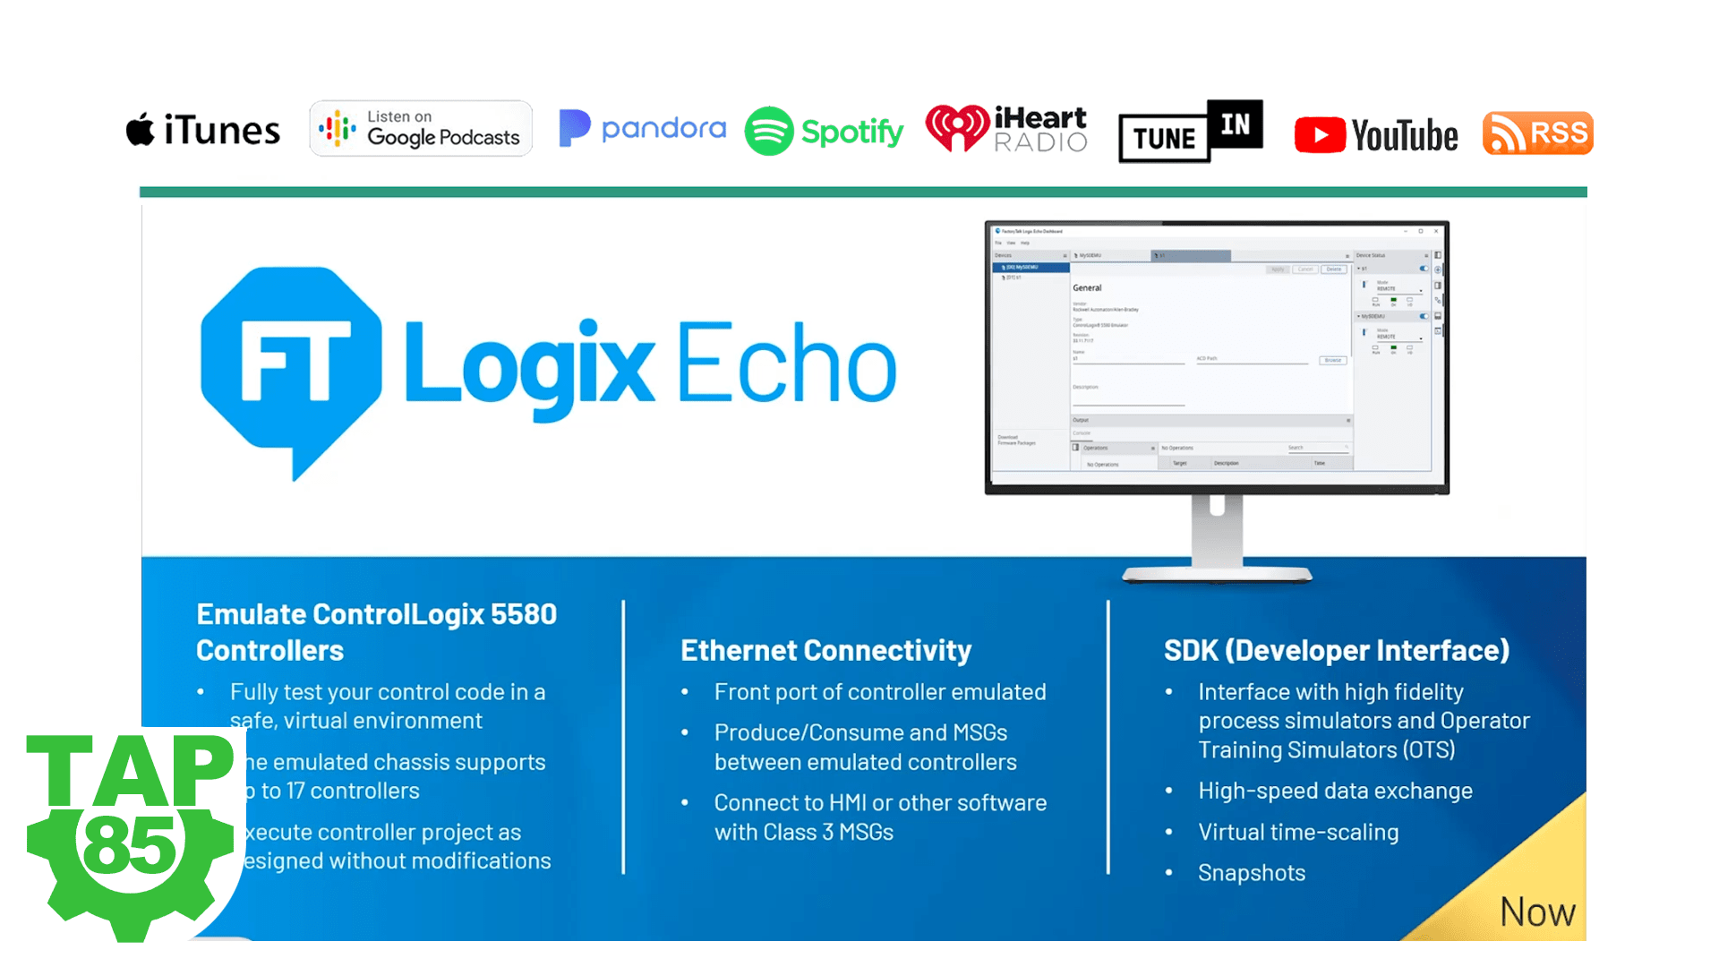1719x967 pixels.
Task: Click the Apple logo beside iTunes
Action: coord(140,130)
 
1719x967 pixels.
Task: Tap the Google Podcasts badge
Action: coord(421,129)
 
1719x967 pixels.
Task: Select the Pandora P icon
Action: coord(574,128)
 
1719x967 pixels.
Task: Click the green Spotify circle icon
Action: coord(769,131)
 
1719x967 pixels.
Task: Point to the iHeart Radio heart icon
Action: coord(957,128)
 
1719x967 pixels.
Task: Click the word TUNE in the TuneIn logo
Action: coord(1164,139)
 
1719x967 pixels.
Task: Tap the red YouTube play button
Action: coord(1320,135)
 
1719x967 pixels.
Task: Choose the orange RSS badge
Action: coord(1537,133)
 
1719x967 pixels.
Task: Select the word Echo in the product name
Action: coord(786,365)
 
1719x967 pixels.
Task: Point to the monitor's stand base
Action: coord(1217,575)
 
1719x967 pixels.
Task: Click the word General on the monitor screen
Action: coord(1087,288)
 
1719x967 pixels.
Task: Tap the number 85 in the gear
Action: coord(131,845)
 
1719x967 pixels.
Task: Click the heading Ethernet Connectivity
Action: coord(825,650)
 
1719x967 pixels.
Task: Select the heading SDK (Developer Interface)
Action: coord(1336,650)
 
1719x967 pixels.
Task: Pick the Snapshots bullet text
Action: coord(1252,873)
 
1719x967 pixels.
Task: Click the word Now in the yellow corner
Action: coord(1537,912)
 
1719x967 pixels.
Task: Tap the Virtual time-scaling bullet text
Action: coord(1298,832)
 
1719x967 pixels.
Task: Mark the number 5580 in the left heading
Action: coord(524,614)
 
